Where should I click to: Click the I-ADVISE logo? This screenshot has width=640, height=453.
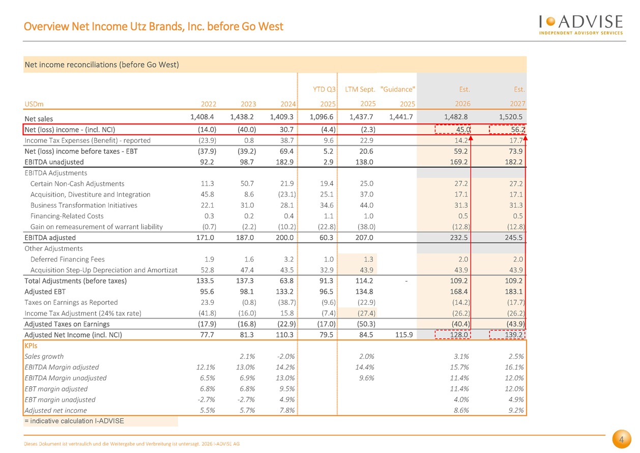pos(580,24)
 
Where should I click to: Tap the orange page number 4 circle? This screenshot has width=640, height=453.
pos(621,439)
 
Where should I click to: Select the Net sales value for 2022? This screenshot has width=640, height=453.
pos(202,117)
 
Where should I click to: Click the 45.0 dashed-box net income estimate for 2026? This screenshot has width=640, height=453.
pos(453,129)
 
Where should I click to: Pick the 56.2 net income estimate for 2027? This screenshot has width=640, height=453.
pos(507,129)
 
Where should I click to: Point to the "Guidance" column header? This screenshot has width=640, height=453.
pos(397,89)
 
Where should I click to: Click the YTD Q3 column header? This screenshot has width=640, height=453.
pos(324,89)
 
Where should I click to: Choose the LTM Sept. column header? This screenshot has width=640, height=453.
pos(360,90)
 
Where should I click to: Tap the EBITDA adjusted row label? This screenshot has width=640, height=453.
pos(50,238)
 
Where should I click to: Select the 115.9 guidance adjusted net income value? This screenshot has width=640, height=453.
pos(404,335)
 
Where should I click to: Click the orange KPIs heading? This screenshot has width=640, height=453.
pos(31,346)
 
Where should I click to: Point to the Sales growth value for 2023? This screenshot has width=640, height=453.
pos(247,356)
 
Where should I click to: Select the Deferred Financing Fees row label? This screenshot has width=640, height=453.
pos(68,259)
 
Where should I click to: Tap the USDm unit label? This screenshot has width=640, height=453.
pos(34,104)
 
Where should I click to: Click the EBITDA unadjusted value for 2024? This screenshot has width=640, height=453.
pos(284,162)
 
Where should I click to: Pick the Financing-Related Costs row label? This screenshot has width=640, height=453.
pos(67,216)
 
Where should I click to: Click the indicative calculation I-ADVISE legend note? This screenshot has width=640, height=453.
pos(74,421)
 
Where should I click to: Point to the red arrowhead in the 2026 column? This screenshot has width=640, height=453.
pos(471,138)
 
